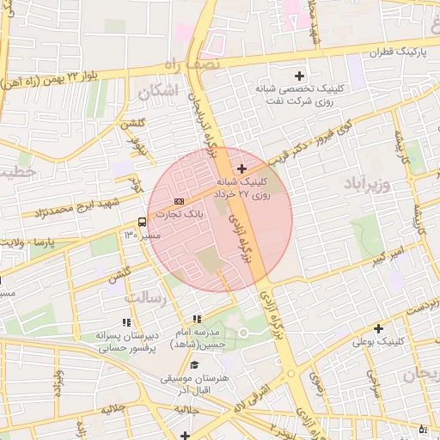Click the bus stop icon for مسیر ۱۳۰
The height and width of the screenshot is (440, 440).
pyautogui.click(x=142, y=222)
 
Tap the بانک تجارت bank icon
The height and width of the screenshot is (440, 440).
pyautogui.click(x=179, y=201)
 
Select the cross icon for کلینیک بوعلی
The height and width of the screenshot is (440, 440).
pyautogui.click(x=378, y=328)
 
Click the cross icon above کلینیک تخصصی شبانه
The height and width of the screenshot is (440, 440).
pyautogui.click(x=299, y=76)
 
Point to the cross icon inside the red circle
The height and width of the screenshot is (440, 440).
pyautogui.click(x=241, y=168)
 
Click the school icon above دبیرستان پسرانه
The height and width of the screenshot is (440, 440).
pyautogui.click(x=126, y=322)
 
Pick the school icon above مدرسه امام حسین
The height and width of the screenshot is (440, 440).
pyautogui.click(x=198, y=319)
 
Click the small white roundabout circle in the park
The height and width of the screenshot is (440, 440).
pyautogui.click(x=243, y=332)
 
